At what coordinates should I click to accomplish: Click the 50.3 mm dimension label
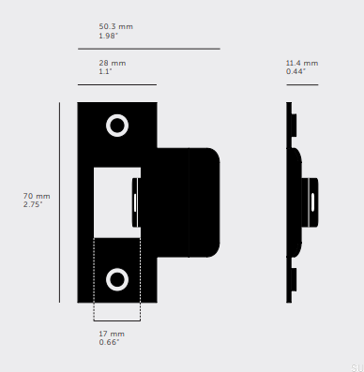[x=115, y=26]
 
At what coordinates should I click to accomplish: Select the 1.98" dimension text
[x=109, y=36]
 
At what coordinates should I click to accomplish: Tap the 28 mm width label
[x=112, y=63]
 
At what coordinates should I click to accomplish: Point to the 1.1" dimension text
[x=106, y=71]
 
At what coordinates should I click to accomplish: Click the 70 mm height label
[x=37, y=196]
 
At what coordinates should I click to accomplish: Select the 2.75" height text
[x=35, y=204]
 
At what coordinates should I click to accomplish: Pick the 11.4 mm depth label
[x=302, y=63]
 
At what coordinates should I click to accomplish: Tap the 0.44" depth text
[x=297, y=71]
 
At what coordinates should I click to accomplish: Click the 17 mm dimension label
[x=111, y=334]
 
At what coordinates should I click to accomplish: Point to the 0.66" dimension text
[x=110, y=342]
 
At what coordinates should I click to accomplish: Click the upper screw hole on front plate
[x=117, y=126]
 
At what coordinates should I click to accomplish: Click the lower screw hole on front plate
[x=117, y=278]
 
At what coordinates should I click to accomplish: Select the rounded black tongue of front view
[x=192, y=201]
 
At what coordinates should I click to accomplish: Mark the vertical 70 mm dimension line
[x=59, y=201]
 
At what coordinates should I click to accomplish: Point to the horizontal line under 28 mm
[x=116, y=84]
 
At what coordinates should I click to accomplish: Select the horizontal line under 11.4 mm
[x=302, y=84]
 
